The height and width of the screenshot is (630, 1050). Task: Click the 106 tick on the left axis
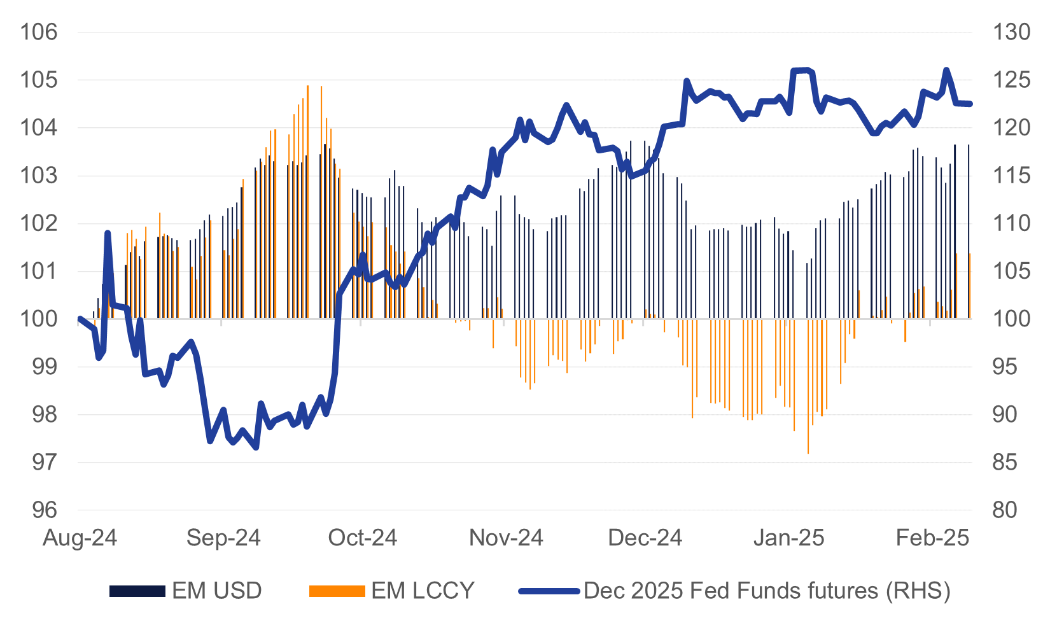39,32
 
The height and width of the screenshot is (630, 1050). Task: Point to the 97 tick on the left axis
39,462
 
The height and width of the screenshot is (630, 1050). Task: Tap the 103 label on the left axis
39,176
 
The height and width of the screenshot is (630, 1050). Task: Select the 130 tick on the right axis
1011,32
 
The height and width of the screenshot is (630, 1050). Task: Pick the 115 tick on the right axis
1011,176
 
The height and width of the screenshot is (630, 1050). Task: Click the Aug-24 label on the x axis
80,538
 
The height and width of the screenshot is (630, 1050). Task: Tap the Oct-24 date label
362,538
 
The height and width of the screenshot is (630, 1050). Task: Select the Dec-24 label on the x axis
645,538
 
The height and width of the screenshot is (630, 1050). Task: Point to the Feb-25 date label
932,538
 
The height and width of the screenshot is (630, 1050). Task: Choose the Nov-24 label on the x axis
506,538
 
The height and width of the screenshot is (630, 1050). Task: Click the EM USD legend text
217,591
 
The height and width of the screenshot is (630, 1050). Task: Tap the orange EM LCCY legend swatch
337,591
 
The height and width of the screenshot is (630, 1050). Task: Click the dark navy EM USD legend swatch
137,591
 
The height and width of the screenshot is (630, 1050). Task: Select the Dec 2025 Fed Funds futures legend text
767,591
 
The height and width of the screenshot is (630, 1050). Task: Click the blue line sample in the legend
549,591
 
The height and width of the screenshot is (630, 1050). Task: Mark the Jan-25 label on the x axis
788,538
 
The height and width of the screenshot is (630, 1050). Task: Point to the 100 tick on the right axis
1011,319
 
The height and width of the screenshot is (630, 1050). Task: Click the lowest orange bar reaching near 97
808,445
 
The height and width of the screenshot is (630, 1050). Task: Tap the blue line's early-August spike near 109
108,234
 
